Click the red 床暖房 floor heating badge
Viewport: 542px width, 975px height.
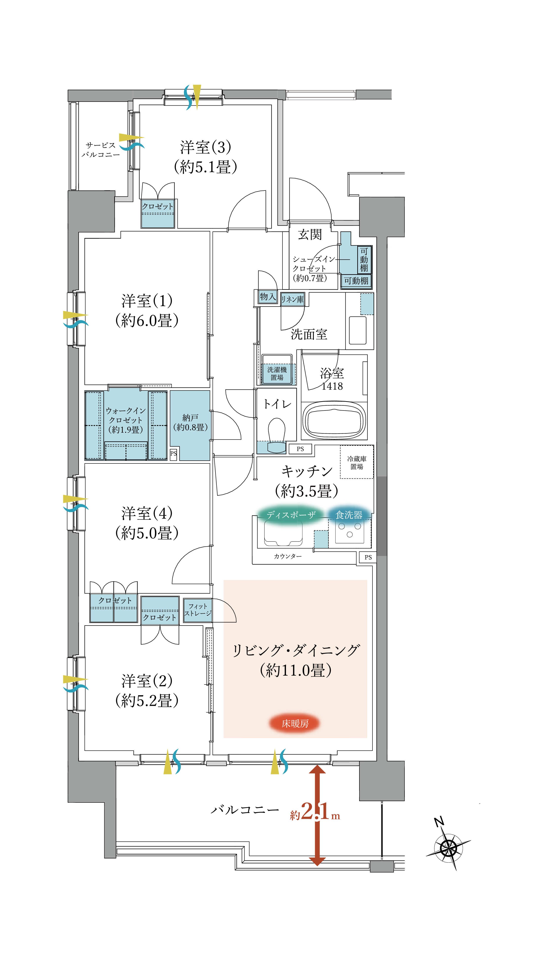[x=294, y=723]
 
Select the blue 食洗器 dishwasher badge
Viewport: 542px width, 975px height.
[x=349, y=515]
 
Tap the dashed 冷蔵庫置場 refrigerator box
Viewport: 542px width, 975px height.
[x=357, y=463]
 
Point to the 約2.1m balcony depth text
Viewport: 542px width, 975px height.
[x=315, y=812]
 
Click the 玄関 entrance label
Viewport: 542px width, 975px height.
[x=310, y=235]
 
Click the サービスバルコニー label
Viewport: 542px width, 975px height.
[x=100, y=150]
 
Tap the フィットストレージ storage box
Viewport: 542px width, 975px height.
[x=198, y=610]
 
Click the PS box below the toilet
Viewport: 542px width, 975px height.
[x=300, y=449]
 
